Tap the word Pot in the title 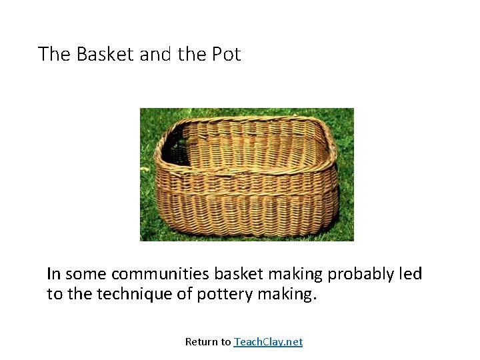click(226, 54)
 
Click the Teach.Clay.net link click(268, 342)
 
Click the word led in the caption click(410, 274)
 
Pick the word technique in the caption click(135, 294)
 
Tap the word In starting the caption click(53, 274)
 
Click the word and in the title click(156, 54)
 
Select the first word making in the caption click(289, 275)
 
